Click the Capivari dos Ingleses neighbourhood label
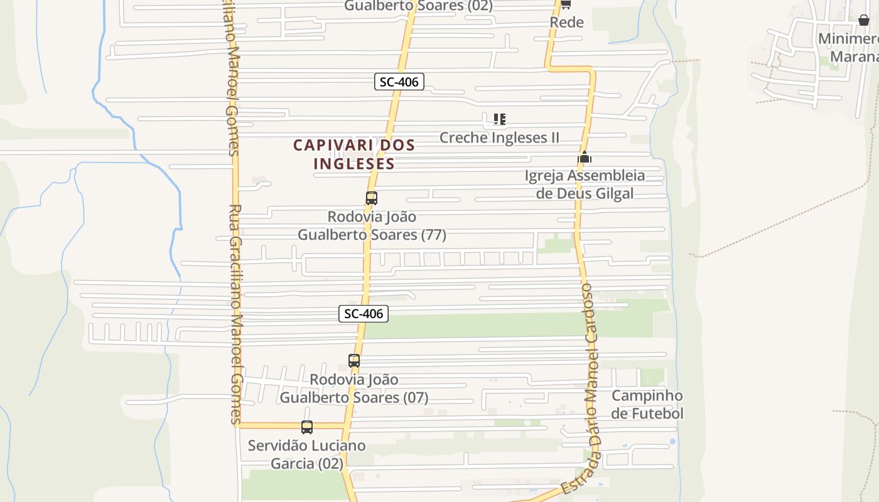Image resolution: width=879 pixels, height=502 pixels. [x=354, y=154]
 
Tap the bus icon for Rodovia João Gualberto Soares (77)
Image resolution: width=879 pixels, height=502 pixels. [x=372, y=198]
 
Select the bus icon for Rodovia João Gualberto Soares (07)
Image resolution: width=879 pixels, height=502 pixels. [x=354, y=361]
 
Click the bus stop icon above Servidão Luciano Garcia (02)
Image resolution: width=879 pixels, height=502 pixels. [x=307, y=427]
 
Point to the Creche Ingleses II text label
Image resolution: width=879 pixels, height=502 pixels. [x=499, y=137]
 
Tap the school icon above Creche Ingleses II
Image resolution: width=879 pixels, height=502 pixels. [x=500, y=119]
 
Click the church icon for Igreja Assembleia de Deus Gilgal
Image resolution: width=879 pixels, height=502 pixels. [x=585, y=157]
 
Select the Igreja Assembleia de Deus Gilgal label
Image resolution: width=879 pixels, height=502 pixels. [x=585, y=184]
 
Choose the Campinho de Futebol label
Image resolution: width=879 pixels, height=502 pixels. [x=647, y=405]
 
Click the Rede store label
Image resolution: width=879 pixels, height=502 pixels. [x=566, y=23]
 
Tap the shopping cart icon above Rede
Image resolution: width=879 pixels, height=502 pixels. [x=565, y=4]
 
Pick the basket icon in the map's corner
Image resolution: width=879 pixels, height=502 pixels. [x=864, y=19]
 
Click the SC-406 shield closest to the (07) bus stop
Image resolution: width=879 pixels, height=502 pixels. [x=364, y=314]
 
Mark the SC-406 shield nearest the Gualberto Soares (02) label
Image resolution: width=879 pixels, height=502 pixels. [x=399, y=82]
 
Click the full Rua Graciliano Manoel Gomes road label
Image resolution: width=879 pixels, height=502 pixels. [x=235, y=314]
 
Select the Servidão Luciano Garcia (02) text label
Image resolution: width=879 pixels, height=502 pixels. [x=306, y=454]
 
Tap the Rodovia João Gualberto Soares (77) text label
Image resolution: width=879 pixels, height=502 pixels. [x=372, y=226]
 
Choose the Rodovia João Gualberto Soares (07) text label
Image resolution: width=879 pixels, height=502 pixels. [x=354, y=388]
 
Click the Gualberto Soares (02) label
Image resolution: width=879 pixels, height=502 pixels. [x=418, y=6]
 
